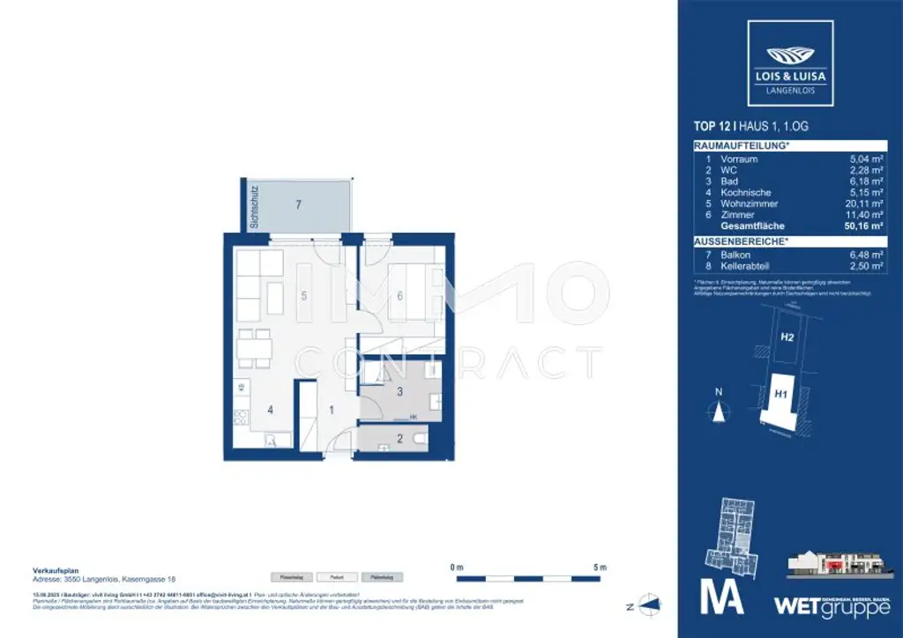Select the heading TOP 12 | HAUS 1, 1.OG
(x=750, y=127)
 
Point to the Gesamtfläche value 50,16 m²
(x=863, y=226)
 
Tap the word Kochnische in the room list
(x=745, y=192)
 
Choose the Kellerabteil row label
(x=749, y=265)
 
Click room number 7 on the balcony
(x=299, y=204)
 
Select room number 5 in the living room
(x=303, y=296)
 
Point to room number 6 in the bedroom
(x=399, y=296)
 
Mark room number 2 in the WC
(x=399, y=438)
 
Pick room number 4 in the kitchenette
(x=271, y=409)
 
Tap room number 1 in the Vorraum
(x=331, y=409)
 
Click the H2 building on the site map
(x=787, y=337)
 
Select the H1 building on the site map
(x=780, y=395)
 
